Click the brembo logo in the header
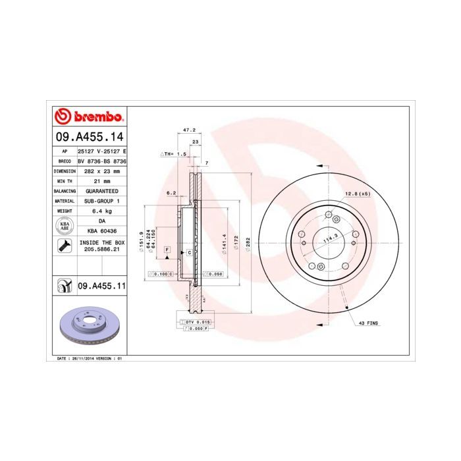[x=89, y=117]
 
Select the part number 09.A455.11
[x=101, y=286]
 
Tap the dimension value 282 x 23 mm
[x=101, y=171]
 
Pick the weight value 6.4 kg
[x=101, y=211]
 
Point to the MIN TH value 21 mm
[x=101, y=180]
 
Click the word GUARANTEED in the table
[x=101, y=190]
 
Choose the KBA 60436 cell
[x=101, y=231]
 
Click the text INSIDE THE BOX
[x=101, y=242]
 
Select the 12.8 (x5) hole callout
[x=357, y=193]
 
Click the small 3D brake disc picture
[x=88, y=326]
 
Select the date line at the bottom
[x=86, y=358]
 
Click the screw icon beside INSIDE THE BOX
[x=65, y=246]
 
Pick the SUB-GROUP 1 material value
[x=101, y=200]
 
